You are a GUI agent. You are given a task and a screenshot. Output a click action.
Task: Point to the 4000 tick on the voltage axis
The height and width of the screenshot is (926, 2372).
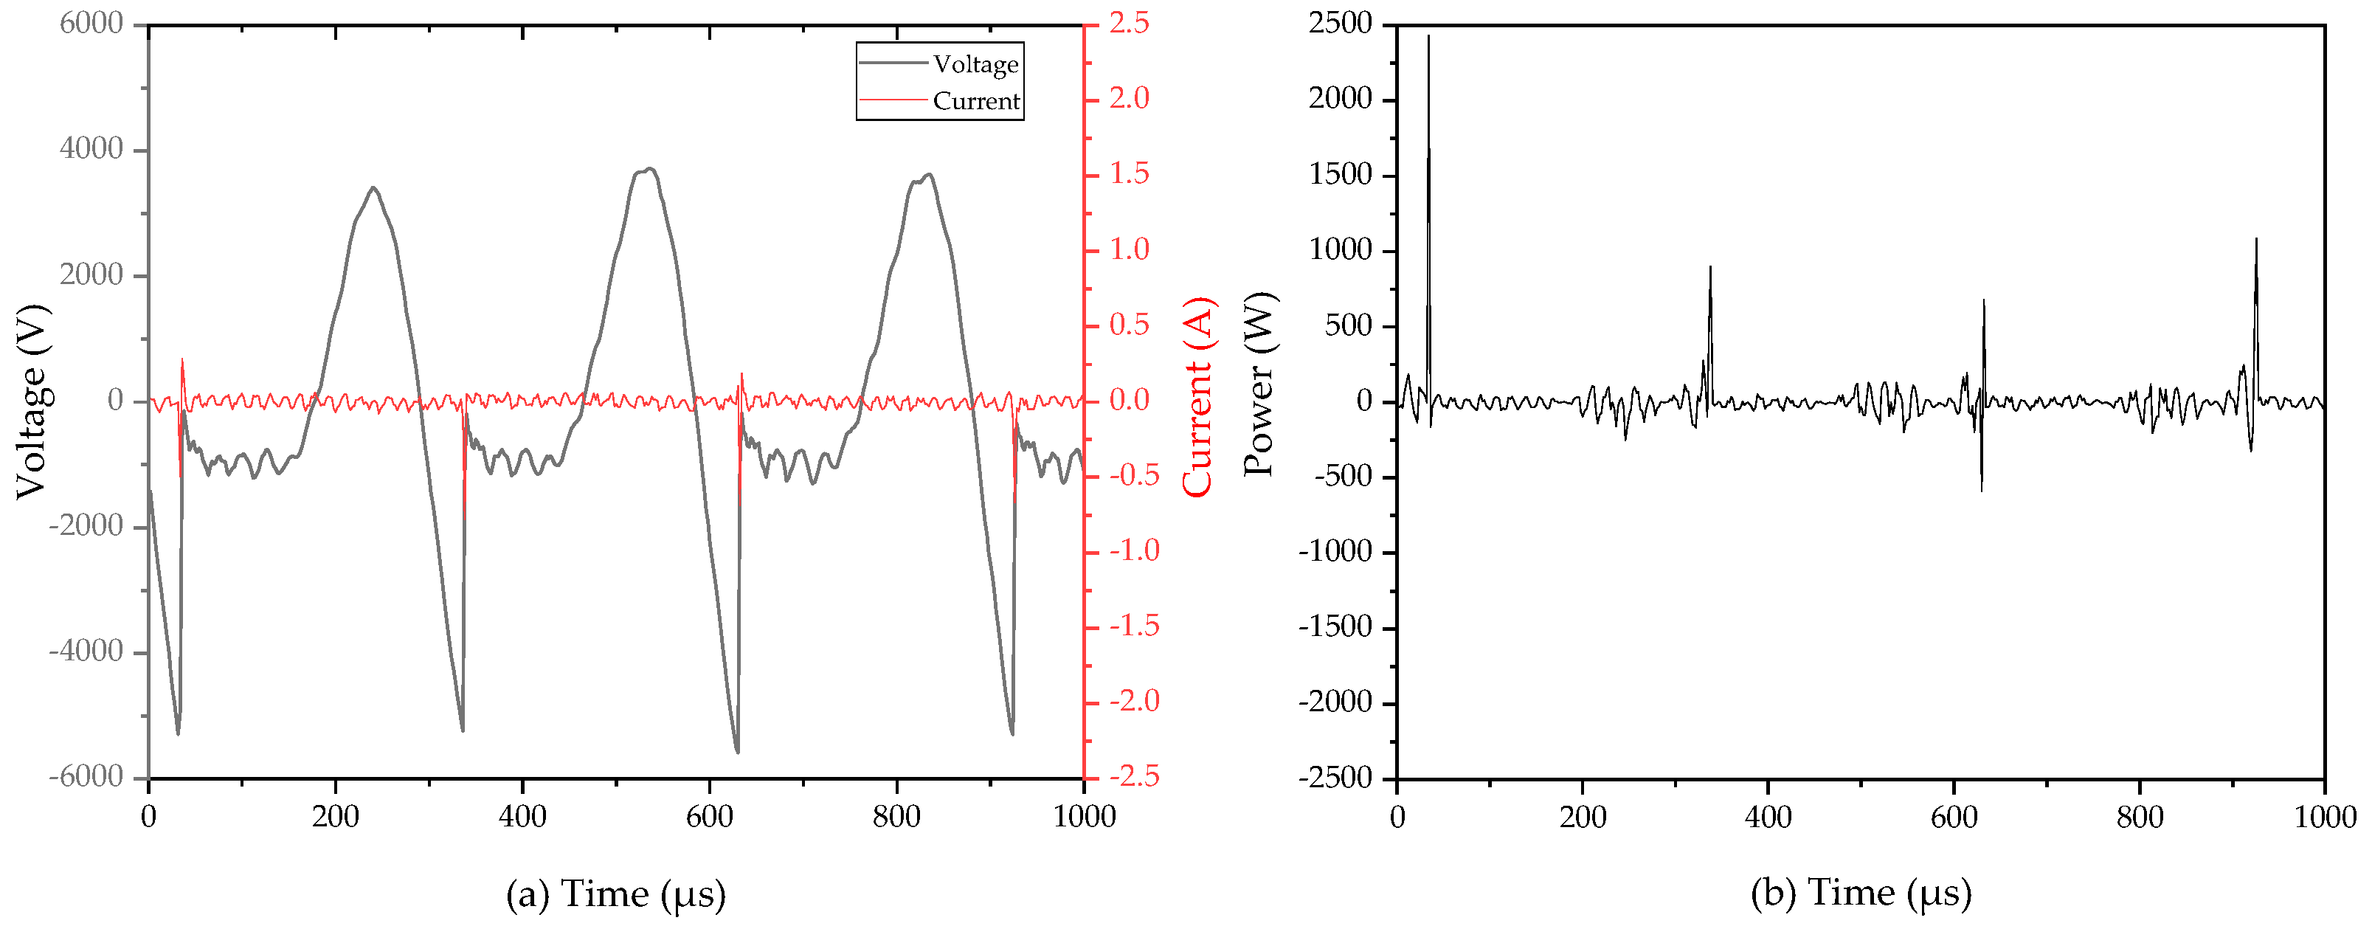(91, 149)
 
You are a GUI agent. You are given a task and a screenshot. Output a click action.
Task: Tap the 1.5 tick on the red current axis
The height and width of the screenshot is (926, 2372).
(1129, 174)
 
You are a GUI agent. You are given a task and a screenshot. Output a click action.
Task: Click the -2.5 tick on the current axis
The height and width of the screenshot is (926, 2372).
(1133, 777)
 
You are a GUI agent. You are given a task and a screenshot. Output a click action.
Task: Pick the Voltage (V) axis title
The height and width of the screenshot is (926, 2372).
(31, 401)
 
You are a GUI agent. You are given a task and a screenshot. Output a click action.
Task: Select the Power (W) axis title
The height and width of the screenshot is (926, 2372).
(1259, 384)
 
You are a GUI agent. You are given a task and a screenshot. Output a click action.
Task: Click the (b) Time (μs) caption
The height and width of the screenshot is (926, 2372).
(1861, 893)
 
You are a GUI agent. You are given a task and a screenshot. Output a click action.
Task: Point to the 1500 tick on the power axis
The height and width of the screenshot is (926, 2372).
(1340, 175)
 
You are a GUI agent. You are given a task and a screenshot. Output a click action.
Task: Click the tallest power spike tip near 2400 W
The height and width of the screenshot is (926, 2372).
(1428, 37)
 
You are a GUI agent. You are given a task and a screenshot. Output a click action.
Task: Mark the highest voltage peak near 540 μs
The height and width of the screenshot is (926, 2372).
(650, 168)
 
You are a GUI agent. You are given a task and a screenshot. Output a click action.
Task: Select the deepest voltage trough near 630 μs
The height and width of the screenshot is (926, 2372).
(736, 752)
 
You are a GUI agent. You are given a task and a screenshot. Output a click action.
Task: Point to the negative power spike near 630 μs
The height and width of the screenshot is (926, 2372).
(1982, 490)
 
